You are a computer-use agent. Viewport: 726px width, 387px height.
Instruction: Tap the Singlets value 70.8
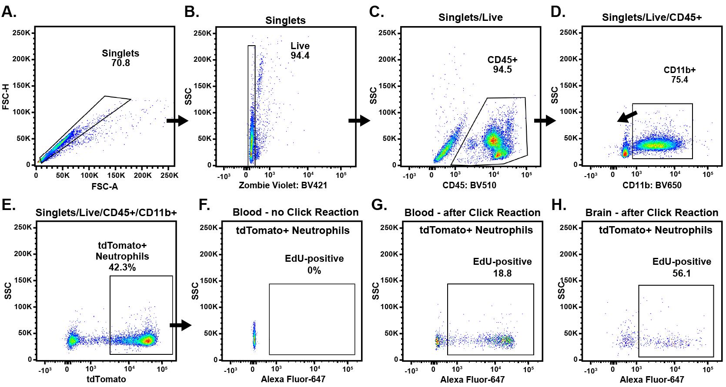click(120, 63)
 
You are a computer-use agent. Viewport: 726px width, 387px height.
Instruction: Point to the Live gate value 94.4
click(300, 56)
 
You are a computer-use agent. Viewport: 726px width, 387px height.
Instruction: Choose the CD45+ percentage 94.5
click(502, 70)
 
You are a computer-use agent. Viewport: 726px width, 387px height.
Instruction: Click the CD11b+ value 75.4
click(679, 80)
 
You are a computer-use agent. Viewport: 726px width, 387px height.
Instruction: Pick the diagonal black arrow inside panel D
click(627, 117)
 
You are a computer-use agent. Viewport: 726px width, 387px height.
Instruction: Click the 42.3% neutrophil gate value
click(122, 267)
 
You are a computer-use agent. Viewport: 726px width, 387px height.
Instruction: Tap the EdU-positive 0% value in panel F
click(314, 271)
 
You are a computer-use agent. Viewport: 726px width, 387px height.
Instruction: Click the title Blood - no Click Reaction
click(295, 212)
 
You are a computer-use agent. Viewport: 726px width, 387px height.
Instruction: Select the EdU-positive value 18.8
click(502, 274)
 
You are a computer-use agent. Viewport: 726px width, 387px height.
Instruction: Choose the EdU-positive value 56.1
click(682, 274)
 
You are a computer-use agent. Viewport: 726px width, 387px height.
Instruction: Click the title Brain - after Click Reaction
click(652, 213)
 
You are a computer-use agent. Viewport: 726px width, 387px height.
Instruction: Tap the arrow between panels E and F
click(181, 325)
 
